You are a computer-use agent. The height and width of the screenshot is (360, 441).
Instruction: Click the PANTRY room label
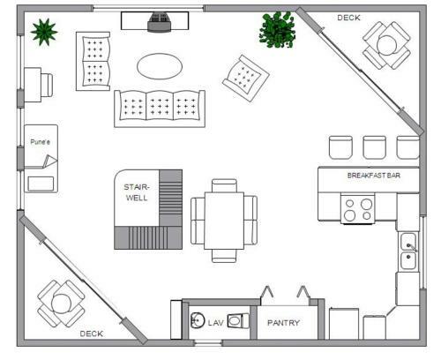(283, 323)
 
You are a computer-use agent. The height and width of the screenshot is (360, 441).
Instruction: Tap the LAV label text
(216, 323)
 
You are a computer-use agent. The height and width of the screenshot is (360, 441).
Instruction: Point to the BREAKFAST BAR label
(374, 176)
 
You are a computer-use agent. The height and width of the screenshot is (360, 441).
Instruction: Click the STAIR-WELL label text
(137, 192)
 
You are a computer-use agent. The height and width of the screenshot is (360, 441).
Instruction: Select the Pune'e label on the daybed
(40, 142)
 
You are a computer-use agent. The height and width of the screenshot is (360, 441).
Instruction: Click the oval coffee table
(160, 66)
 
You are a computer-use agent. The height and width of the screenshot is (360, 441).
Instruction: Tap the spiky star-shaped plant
(44, 32)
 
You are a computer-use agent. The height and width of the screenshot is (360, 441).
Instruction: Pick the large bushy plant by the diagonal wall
(277, 30)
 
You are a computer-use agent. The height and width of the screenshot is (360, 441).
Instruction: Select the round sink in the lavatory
(198, 320)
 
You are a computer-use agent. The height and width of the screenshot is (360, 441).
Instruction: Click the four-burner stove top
(358, 208)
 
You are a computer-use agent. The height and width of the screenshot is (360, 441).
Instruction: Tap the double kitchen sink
(408, 251)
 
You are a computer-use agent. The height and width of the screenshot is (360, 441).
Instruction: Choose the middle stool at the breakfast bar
(375, 147)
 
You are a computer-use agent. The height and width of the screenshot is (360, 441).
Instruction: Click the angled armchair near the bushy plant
(246, 79)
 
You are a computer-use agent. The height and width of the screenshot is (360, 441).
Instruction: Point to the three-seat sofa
(160, 109)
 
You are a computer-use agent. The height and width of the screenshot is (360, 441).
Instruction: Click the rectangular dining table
(224, 221)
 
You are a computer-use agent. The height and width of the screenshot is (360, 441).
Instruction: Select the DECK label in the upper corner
(348, 18)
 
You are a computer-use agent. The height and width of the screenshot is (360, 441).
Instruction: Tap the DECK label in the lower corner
(92, 334)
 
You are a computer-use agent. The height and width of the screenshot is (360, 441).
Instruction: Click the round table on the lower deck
(61, 304)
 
